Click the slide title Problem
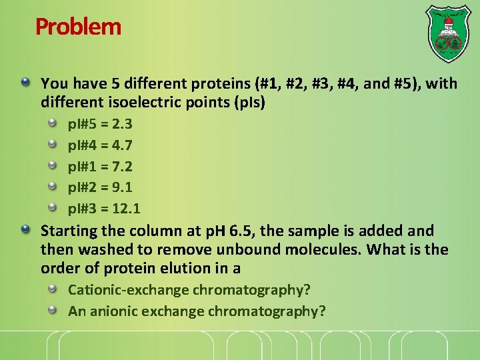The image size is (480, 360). (78, 27)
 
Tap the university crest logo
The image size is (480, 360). (448, 34)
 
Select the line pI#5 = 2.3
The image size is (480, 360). (100, 124)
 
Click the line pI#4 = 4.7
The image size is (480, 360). (100, 145)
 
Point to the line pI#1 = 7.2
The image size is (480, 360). (100, 167)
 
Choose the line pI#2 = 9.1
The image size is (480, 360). (100, 188)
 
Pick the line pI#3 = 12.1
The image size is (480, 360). (104, 209)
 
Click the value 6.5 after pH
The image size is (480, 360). (244, 231)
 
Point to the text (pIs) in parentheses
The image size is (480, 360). (248, 104)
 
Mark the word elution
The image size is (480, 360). (189, 269)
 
